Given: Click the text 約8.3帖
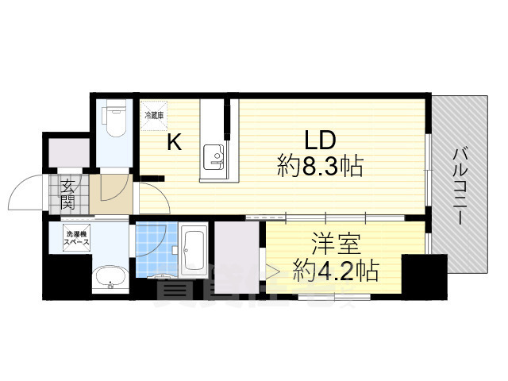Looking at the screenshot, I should point(321,167).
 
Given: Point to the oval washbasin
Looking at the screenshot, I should point(110,279).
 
